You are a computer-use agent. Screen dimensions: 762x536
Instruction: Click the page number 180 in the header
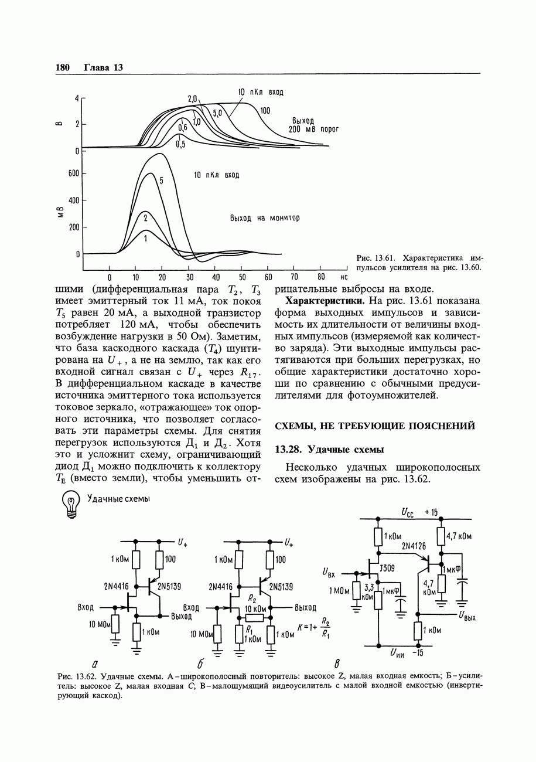(x=63, y=67)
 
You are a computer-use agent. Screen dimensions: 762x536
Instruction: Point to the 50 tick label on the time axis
(x=243, y=277)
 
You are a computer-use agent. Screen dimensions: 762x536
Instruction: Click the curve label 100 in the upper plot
(x=265, y=111)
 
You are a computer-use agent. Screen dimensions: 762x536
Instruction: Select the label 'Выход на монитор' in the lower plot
(x=265, y=218)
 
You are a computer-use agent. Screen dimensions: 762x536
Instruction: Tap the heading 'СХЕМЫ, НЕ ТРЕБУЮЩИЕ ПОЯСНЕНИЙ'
(x=375, y=426)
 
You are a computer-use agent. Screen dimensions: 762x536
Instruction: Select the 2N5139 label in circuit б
(x=281, y=586)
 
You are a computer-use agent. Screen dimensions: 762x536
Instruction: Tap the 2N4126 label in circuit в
(x=414, y=546)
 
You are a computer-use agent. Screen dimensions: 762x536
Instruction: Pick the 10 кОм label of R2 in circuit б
(x=256, y=608)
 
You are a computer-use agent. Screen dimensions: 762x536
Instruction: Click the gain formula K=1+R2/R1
(x=314, y=627)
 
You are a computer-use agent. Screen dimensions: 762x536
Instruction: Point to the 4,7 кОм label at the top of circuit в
(x=459, y=536)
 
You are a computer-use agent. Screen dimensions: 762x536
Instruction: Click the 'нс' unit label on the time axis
(x=344, y=277)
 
